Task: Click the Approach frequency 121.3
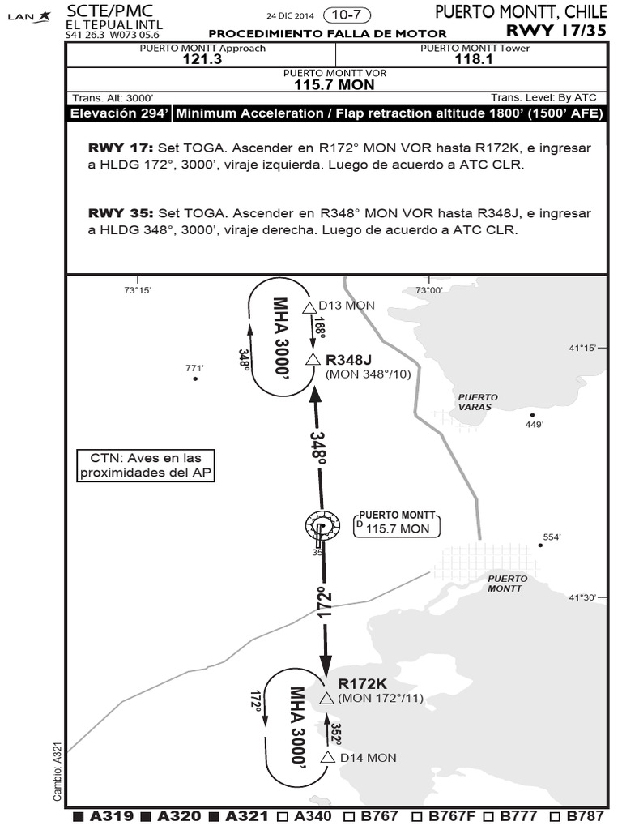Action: point(202,59)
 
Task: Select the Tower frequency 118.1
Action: point(475,59)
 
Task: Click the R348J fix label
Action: point(348,360)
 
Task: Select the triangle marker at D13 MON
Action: point(309,307)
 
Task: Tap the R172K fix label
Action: point(362,683)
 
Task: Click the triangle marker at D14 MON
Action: point(328,757)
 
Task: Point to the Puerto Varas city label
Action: point(478,402)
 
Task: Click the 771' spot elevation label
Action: point(194,368)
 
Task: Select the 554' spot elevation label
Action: point(552,537)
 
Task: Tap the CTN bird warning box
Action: point(146,465)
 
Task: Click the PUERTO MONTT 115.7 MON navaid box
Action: point(397,523)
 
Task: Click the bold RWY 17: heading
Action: point(120,148)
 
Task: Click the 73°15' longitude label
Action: point(137,290)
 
